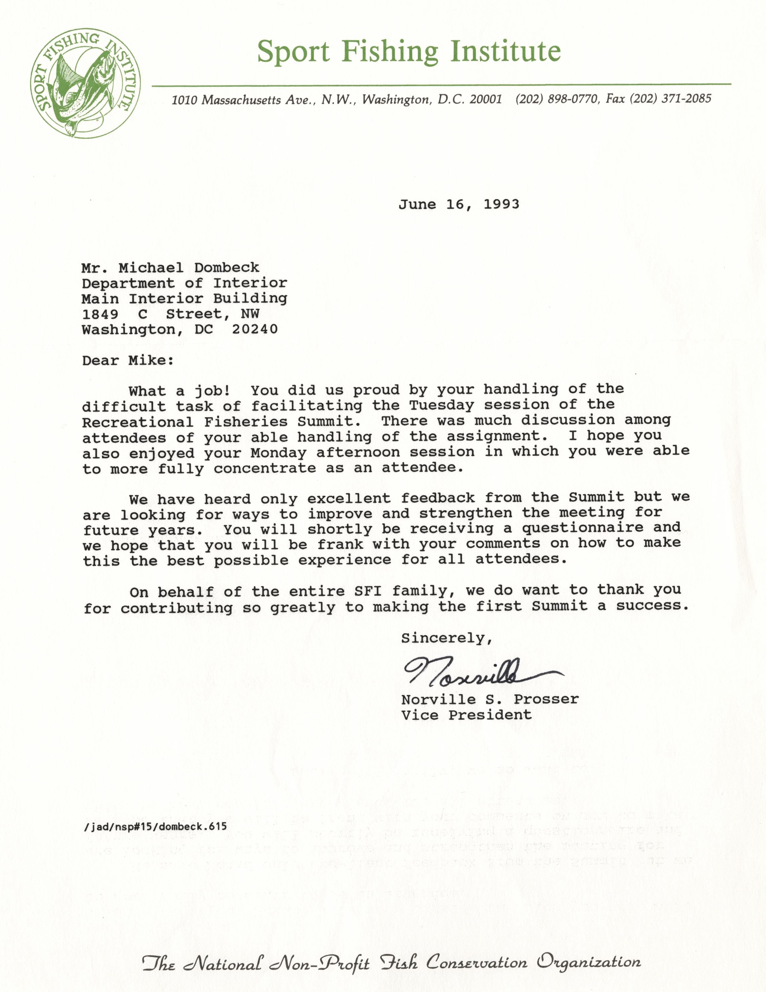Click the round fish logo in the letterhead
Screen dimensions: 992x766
[85, 83]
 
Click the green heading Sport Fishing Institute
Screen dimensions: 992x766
[409, 51]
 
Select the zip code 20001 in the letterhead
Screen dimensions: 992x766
[485, 99]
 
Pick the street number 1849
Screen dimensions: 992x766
[100, 314]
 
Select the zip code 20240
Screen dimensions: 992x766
[255, 329]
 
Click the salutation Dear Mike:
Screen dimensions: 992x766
[128, 361]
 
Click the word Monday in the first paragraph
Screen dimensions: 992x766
[278, 453]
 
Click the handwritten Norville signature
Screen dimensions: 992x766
[472, 671]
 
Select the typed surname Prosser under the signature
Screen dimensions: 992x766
[546, 699]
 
